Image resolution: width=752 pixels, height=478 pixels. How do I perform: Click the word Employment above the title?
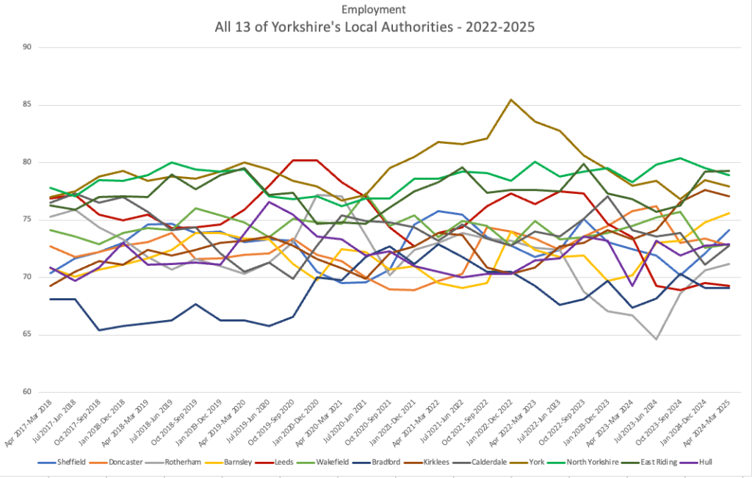375,10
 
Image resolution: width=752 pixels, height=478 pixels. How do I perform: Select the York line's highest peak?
511,100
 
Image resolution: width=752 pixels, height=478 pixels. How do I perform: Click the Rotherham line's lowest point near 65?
656,339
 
